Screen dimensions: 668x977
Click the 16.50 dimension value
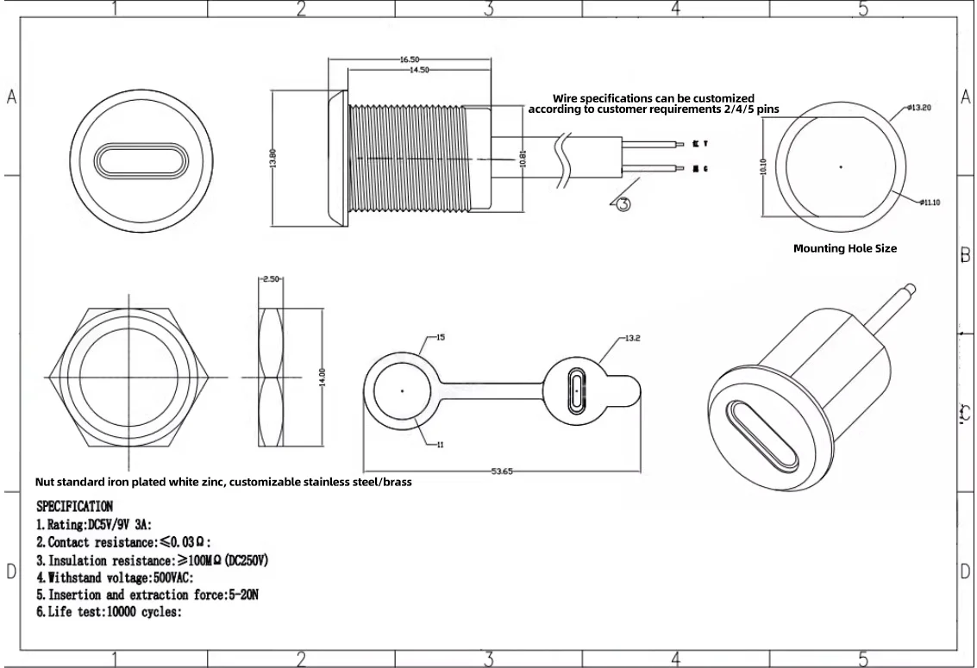[x=409, y=59]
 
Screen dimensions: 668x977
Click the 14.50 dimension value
[x=419, y=70]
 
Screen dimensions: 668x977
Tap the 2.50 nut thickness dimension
[x=272, y=279]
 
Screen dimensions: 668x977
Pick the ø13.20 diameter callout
[x=919, y=109]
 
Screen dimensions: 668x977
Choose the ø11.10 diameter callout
[x=930, y=202]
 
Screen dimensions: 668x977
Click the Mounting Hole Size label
[x=844, y=248]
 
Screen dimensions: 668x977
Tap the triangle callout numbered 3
[x=624, y=203]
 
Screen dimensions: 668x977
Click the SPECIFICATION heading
[x=74, y=506]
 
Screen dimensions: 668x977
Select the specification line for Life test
[x=108, y=612]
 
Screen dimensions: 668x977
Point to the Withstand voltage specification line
[x=114, y=577]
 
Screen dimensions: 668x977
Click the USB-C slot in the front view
[x=129, y=161]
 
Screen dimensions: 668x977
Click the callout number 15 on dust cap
[x=440, y=338]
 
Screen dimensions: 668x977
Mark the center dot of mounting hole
[x=841, y=165]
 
